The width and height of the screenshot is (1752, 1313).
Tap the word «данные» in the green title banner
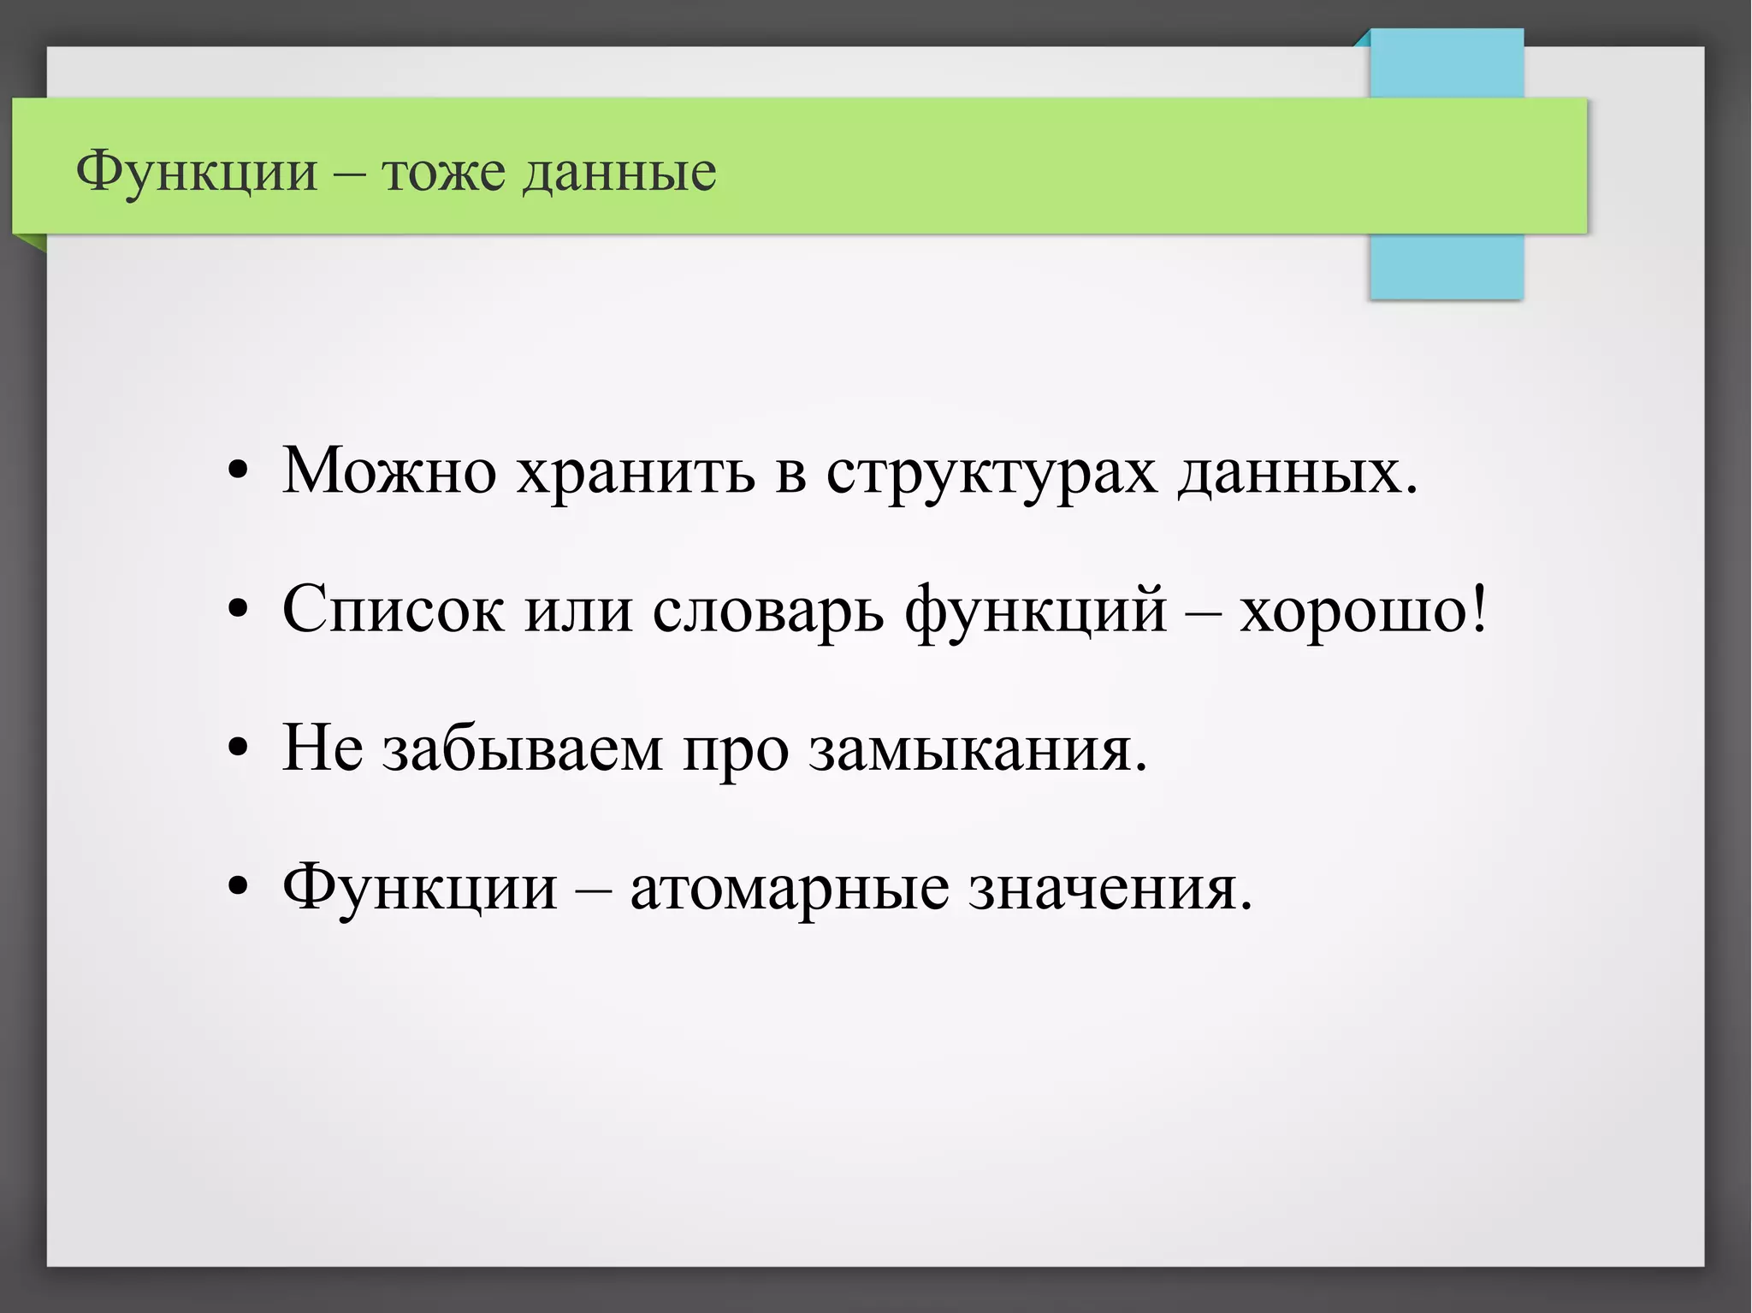point(619,173)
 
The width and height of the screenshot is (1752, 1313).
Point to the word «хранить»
point(636,472)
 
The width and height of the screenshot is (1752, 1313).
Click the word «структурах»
point(991,472)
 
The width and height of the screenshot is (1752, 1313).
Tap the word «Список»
point(394,610)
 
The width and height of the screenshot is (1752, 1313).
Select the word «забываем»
point(522,748)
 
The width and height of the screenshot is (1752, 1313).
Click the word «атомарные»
point(789,888)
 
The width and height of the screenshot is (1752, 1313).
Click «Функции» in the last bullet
point(419,888)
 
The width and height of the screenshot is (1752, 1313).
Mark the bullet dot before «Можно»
point(239,472)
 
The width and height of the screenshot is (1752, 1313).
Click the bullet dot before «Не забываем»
point(239,749)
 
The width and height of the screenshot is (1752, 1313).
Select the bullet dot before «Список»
point(239,611)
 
